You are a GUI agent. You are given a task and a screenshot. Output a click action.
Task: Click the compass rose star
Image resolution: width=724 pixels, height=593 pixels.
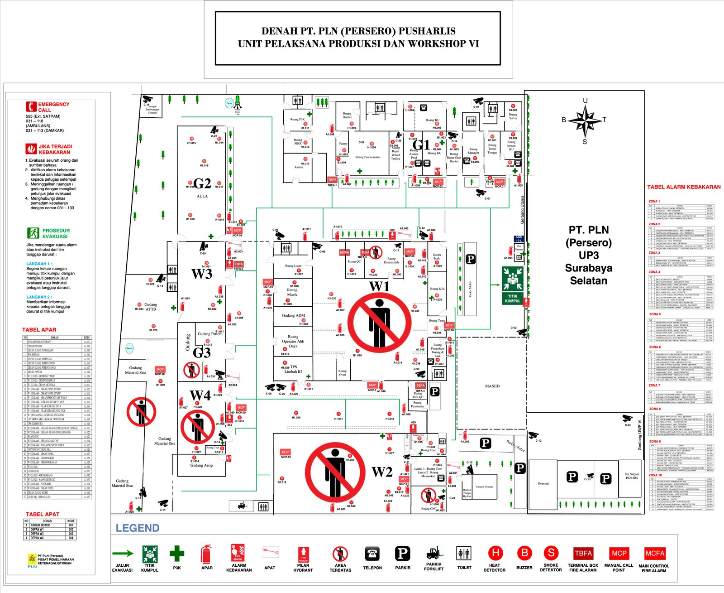tap(585, 121)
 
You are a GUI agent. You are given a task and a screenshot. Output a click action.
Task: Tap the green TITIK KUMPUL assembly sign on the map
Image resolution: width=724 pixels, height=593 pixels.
tap(513, 285)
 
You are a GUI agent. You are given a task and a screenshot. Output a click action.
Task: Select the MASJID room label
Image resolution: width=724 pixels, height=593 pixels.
tap(492, 386)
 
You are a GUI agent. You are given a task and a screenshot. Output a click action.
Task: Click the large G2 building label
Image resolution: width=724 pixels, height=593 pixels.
tap(202, 183)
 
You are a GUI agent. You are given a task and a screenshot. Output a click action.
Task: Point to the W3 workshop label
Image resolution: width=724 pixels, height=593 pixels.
tap(202, 274)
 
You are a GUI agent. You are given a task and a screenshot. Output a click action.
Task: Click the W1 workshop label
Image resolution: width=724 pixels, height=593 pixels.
tap(379, 286)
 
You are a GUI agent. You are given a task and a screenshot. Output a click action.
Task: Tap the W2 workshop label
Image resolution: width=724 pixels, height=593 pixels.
tap(382, 472)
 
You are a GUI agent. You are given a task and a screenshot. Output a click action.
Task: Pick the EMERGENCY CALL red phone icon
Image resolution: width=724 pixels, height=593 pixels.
tap(31, 106)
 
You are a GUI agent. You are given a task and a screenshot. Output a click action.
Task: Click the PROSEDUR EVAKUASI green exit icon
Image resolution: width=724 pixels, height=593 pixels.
tap(33, 233)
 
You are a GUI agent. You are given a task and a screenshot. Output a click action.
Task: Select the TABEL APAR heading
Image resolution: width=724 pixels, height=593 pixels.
tap(39, 330)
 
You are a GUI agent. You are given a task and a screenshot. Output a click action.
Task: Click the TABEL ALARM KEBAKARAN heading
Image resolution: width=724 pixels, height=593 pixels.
tap(684, 187)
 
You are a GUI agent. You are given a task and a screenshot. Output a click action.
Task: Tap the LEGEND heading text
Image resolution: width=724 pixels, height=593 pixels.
tap(138, 528)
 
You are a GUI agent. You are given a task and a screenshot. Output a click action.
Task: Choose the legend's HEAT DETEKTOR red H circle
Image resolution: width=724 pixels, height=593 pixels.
tap(495, 553)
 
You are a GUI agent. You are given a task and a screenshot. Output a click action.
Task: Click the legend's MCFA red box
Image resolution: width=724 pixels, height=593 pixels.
tap(654, 553)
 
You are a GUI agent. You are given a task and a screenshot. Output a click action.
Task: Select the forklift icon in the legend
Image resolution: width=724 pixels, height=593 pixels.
tap(433, 553)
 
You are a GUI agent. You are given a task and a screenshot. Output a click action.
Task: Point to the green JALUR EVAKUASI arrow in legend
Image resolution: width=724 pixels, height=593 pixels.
tap(123, 553)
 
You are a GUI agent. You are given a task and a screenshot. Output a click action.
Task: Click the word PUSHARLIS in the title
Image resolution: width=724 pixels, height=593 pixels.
tap(426, 31)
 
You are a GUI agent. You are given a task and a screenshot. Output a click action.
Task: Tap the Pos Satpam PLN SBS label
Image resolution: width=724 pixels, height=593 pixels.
tap(632, 476)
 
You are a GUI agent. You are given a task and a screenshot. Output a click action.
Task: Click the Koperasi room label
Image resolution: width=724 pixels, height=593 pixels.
tap(543, 483)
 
